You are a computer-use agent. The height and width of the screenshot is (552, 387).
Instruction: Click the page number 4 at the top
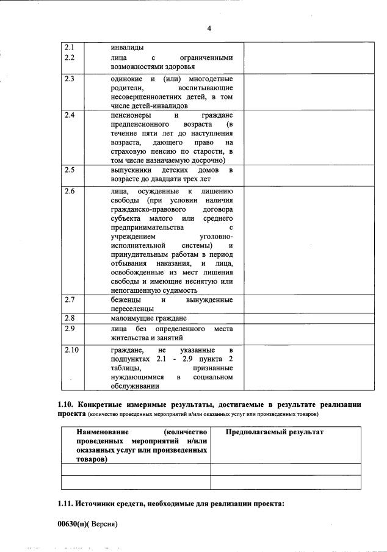[209, 28]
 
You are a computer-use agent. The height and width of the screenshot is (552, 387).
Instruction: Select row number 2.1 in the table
[70, 47]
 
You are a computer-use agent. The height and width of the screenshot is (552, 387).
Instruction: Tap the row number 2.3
[70, 79]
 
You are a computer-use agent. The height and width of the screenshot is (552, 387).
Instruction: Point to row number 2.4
[70, 115]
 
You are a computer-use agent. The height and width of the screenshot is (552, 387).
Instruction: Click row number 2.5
[70, 169]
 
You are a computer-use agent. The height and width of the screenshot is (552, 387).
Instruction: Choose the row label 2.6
[70, 191]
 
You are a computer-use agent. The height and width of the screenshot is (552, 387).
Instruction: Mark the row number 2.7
[70, 299]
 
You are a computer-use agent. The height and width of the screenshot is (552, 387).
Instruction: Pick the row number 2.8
[70, 318]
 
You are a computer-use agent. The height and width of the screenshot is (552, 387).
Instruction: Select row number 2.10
[72, 350]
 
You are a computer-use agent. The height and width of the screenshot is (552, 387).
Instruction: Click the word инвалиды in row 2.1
[128, 47]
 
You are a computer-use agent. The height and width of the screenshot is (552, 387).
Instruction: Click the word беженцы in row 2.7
[126, 299]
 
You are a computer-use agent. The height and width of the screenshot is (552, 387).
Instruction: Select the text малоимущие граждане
[148, 318]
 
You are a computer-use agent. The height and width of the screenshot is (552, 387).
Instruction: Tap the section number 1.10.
[65, 404]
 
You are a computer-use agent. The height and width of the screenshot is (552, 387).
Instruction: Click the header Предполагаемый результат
[274, 432]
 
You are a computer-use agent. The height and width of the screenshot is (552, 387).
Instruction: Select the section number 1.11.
[65, 503]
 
